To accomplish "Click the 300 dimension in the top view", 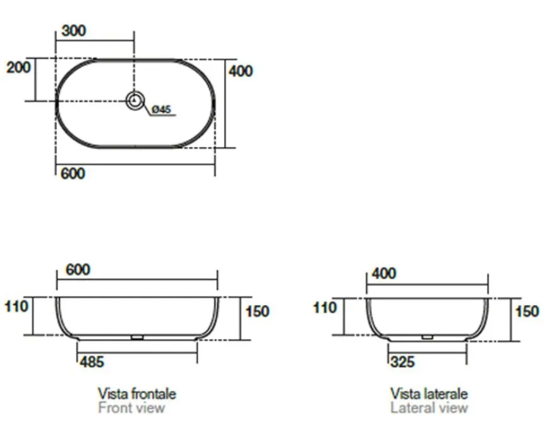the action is pos(74,30).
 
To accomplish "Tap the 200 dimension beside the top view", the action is pos(18,67).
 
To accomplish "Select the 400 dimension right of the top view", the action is pos(241,71).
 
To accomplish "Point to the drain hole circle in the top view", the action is pos(135,100).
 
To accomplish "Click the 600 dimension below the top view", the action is pos(73,174).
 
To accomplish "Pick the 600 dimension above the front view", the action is pos(78,270).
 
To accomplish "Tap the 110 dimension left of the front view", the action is pos(16,306).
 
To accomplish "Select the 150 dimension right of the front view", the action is pos(257,311).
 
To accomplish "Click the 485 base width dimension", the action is pos(92,362).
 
